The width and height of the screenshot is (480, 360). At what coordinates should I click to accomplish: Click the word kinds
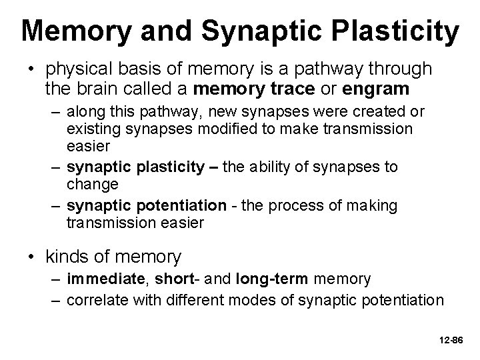67,255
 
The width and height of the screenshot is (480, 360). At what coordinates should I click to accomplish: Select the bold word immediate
103,278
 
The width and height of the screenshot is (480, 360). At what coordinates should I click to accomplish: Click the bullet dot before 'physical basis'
32,69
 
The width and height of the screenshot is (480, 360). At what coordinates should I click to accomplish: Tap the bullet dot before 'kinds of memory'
32,256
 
